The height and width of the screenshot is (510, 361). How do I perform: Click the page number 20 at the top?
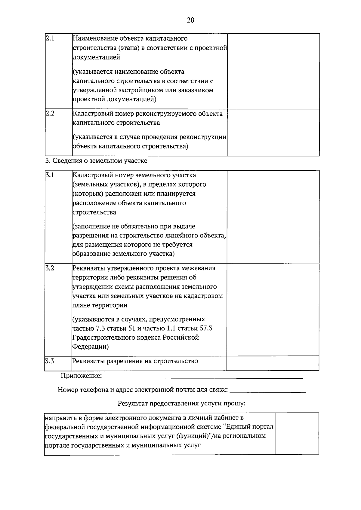(x=190, y=20)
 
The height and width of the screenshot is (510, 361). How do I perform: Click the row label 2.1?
(x=50, y=38)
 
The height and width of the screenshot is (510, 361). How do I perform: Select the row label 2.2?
(x=50, y=114)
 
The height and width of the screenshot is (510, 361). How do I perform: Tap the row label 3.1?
(x=49, y=175)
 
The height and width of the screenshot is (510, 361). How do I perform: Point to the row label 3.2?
(x=49, y=268)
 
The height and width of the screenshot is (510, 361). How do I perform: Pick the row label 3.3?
(x=49, y=361)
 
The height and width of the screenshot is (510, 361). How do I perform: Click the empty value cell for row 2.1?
(x=273, y=71)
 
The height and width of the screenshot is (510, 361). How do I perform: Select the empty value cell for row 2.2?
(x=273, y=132)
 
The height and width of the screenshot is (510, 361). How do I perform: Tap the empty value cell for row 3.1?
(x=273, y=217)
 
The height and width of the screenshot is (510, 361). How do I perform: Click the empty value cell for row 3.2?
(x=273, y=309)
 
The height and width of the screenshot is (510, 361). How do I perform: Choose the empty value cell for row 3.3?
(x=273, y=363)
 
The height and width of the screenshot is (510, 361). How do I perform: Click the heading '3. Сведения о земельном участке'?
(x=96, y=161)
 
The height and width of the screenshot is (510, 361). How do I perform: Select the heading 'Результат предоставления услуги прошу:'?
(x=182, y=403)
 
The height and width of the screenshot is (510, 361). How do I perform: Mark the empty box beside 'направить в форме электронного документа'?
(x=297, y=433)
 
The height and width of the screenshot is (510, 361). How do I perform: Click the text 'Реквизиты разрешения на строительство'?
(x=135, y=361)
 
